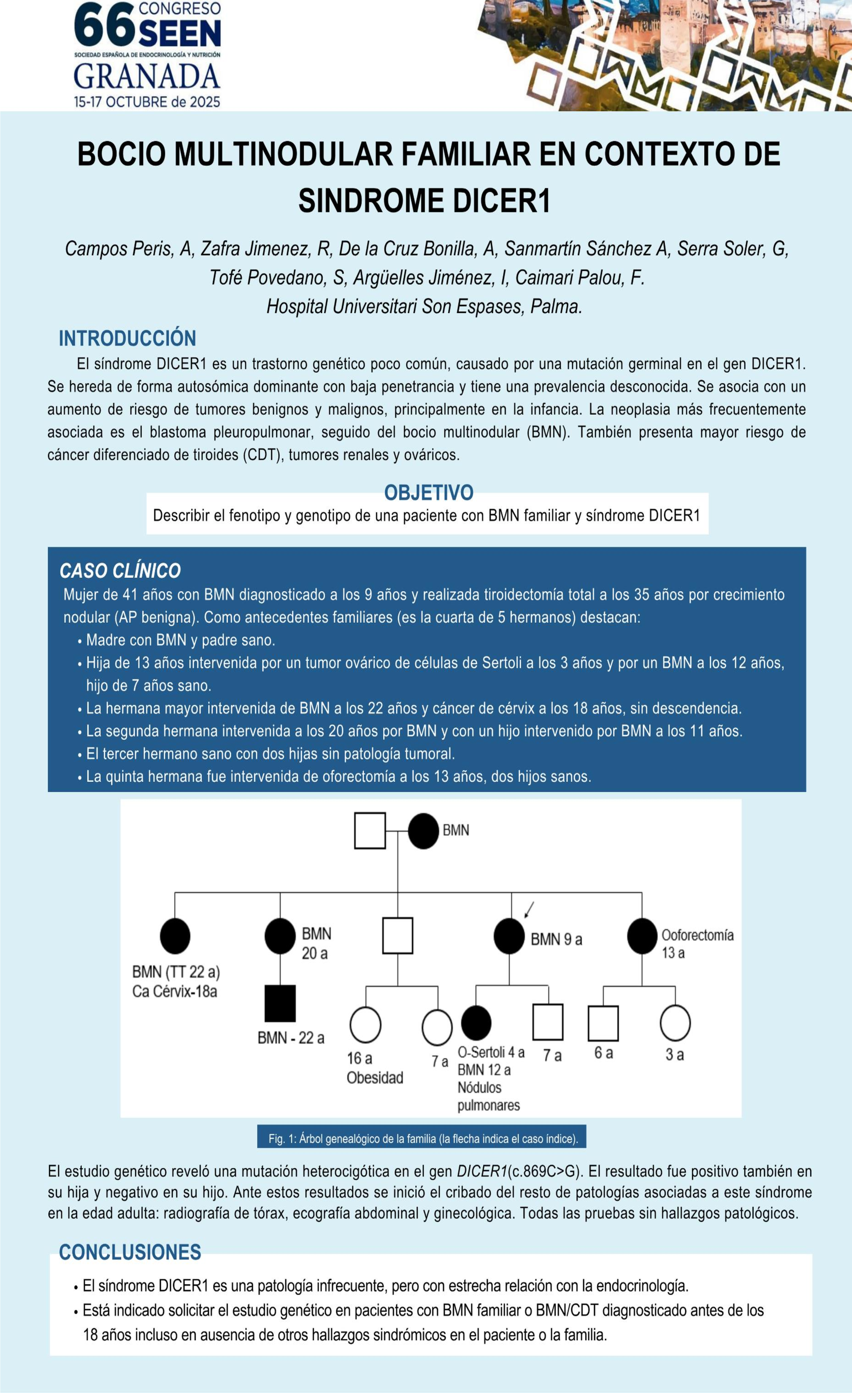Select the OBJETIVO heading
point(429,492)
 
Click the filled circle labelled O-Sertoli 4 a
point(476,1023)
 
